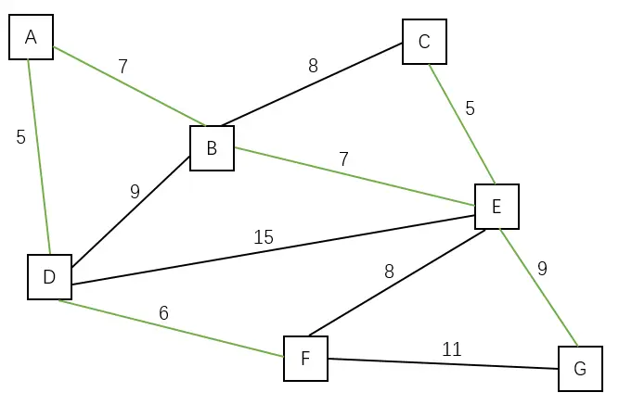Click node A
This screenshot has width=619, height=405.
[31, 37]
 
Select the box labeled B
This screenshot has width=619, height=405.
[212, 148]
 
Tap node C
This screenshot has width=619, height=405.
[424, 42]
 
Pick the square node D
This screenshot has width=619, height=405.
[49, 277]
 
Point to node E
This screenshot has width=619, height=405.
[496, 207]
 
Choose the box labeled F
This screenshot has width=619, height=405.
[305, 359]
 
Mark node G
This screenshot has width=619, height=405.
[580, 368]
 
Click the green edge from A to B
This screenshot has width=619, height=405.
[129, 86]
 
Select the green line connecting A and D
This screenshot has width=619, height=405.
[39, 157]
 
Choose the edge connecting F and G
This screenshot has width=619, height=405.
[443, 364]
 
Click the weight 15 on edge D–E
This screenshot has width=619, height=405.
[264, 237]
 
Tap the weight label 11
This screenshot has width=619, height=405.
[451, 349]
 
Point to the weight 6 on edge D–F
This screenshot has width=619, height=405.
[163, 313]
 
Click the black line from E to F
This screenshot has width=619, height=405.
[397, 283]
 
